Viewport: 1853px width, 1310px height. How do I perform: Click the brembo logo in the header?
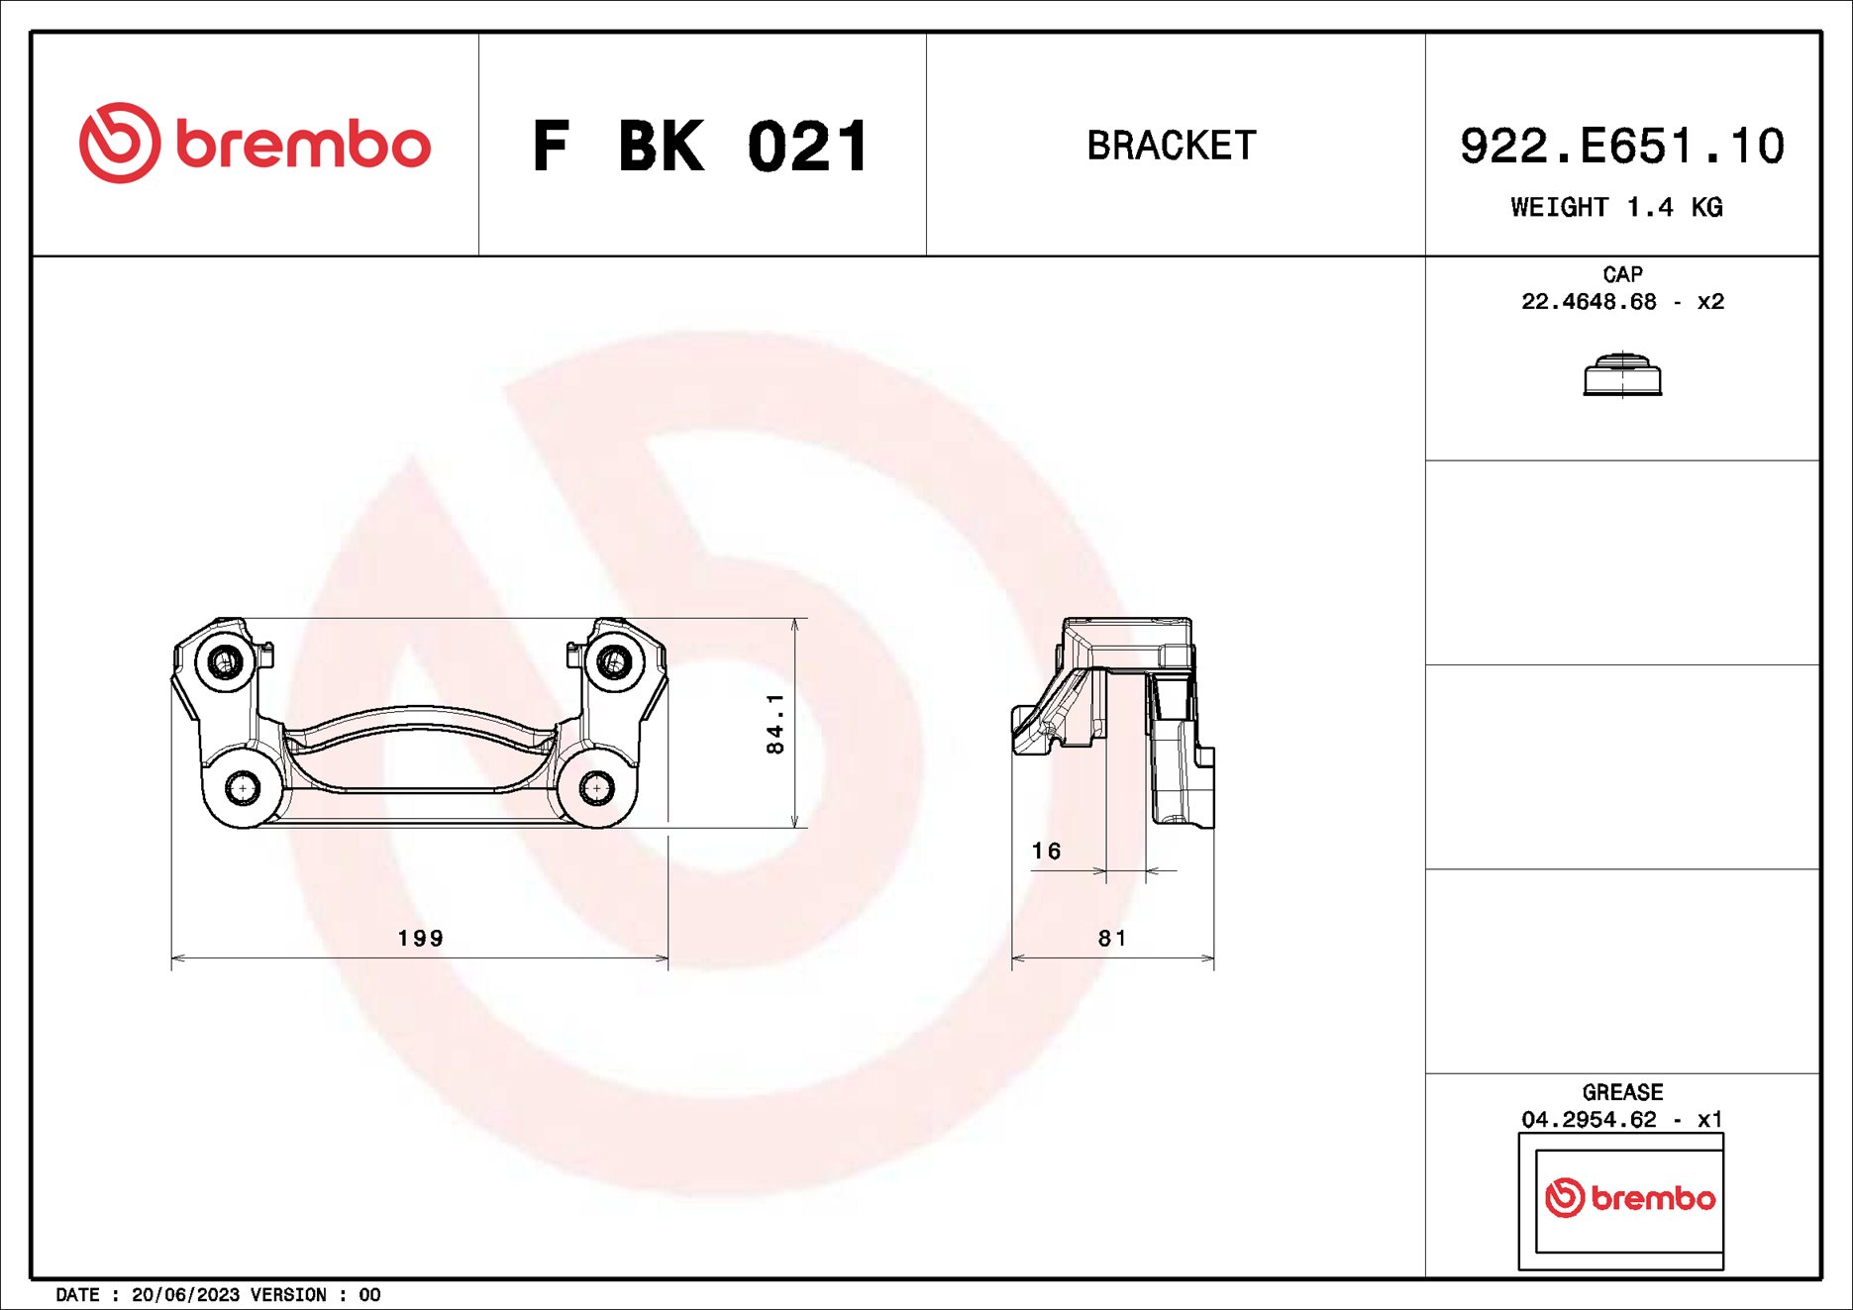255,144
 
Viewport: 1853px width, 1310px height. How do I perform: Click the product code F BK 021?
700,147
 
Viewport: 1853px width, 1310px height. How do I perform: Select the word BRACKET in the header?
1172,146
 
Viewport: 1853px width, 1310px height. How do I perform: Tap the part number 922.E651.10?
1621,147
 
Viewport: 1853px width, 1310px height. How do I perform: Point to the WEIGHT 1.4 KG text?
1616,207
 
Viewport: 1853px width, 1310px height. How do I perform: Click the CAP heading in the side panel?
1622,274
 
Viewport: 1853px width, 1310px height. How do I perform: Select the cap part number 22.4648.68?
1589,301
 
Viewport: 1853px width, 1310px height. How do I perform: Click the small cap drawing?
1622,374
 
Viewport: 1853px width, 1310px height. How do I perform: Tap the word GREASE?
1622,1092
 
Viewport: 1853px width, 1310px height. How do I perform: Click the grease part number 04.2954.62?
1589,1119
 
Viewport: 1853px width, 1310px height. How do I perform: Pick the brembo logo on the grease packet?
1629,1198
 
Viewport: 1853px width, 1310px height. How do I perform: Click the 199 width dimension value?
421,938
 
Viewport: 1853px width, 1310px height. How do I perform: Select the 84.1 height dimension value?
775,724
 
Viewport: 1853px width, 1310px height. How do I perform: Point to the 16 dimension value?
1046,851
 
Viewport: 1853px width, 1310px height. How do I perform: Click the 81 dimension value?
1112,938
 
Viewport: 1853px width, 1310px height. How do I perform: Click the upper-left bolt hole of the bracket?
226,661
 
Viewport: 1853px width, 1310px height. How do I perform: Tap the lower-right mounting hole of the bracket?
595,788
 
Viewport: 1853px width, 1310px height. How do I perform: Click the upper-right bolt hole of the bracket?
614,661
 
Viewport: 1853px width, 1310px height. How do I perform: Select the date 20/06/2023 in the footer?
185,1295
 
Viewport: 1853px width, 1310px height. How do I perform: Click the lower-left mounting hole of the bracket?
242,788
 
